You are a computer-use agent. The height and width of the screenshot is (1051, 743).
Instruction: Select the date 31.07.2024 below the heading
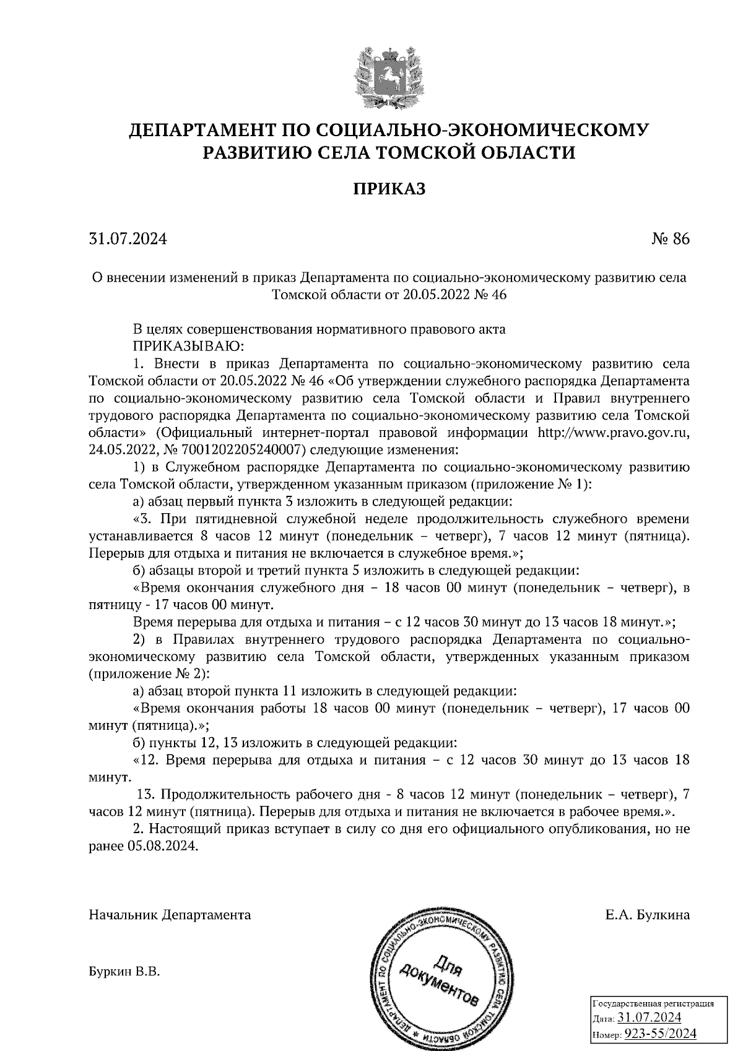[x=128, y=239]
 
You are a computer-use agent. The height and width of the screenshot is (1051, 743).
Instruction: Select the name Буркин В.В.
[x=124, y=972]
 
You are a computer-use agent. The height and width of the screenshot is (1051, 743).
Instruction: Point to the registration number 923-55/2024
[x=660, y=1034]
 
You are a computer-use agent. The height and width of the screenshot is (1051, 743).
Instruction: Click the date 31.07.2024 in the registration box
[x=650, y=1018]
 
